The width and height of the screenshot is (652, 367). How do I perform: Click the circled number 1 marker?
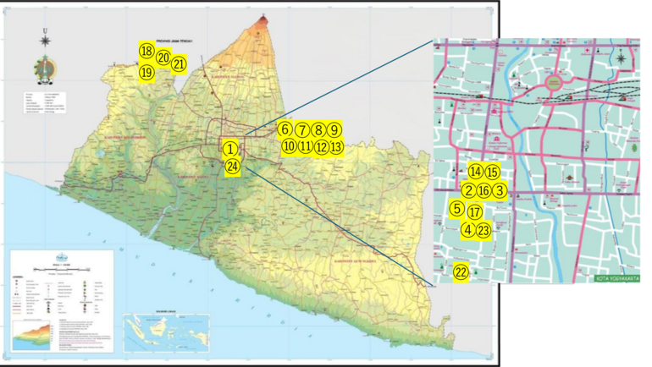(229, 148)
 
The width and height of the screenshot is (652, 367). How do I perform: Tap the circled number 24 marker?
(234, 167)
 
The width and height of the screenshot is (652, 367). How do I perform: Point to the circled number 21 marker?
(179, 63)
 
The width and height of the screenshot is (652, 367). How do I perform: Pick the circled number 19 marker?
(146, 73)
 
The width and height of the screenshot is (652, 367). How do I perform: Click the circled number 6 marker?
(285, 129)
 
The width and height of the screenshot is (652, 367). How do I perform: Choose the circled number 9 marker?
(335, 129)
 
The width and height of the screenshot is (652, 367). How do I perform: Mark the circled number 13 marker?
(336, 146)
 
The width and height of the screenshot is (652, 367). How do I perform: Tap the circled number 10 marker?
(289, 146)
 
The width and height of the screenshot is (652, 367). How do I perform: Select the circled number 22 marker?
(461, 272)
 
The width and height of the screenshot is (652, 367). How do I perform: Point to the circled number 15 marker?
(493, 172)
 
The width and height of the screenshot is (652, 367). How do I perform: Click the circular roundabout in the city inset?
(553, 82)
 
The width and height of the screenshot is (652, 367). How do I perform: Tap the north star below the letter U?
(44, 63)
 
